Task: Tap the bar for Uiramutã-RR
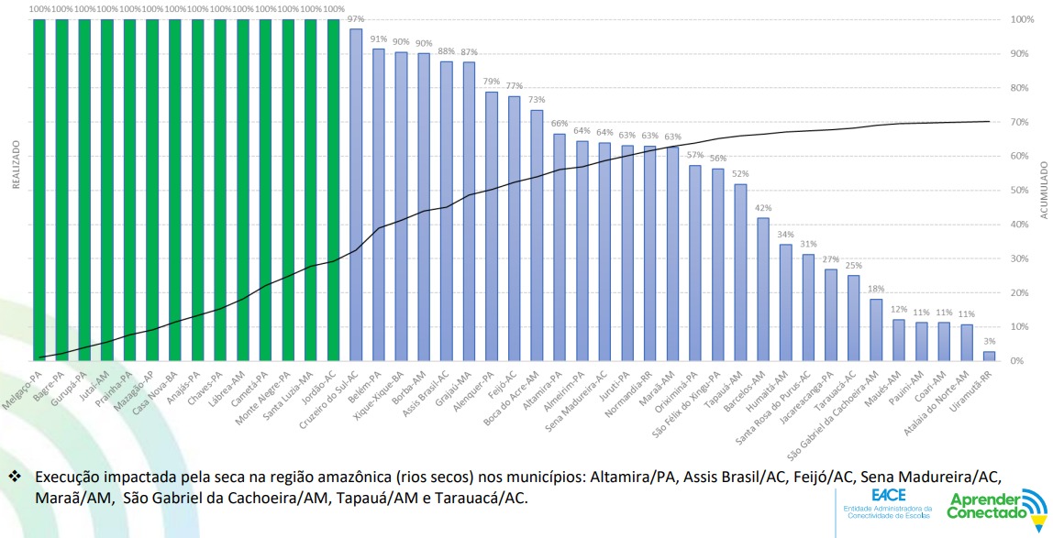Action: pos(989,356)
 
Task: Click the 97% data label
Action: pos(356,19)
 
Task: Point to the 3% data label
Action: pos(989,341)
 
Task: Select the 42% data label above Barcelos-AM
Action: pos(763,208)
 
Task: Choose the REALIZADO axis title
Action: pos(16,165)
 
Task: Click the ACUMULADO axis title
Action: pos(1043,189)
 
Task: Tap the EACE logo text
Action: pos(889,494)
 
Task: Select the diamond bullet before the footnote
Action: pos(14,478)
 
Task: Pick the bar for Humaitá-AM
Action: pos(785,302)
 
